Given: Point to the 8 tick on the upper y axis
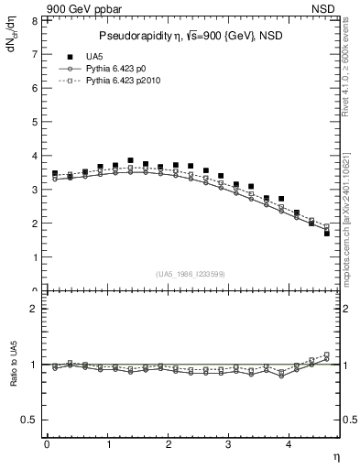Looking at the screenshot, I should [34, 20].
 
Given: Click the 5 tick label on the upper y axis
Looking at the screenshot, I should [34, 122].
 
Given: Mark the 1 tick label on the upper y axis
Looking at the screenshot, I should [34, 257].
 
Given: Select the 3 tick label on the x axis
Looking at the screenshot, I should [229, 445].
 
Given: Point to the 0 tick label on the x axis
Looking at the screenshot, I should [47, 445].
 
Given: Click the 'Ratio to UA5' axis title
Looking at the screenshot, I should [13, 365].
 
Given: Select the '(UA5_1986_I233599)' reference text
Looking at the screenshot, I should [192, 273].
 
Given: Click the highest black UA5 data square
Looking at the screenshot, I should [130, 160].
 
